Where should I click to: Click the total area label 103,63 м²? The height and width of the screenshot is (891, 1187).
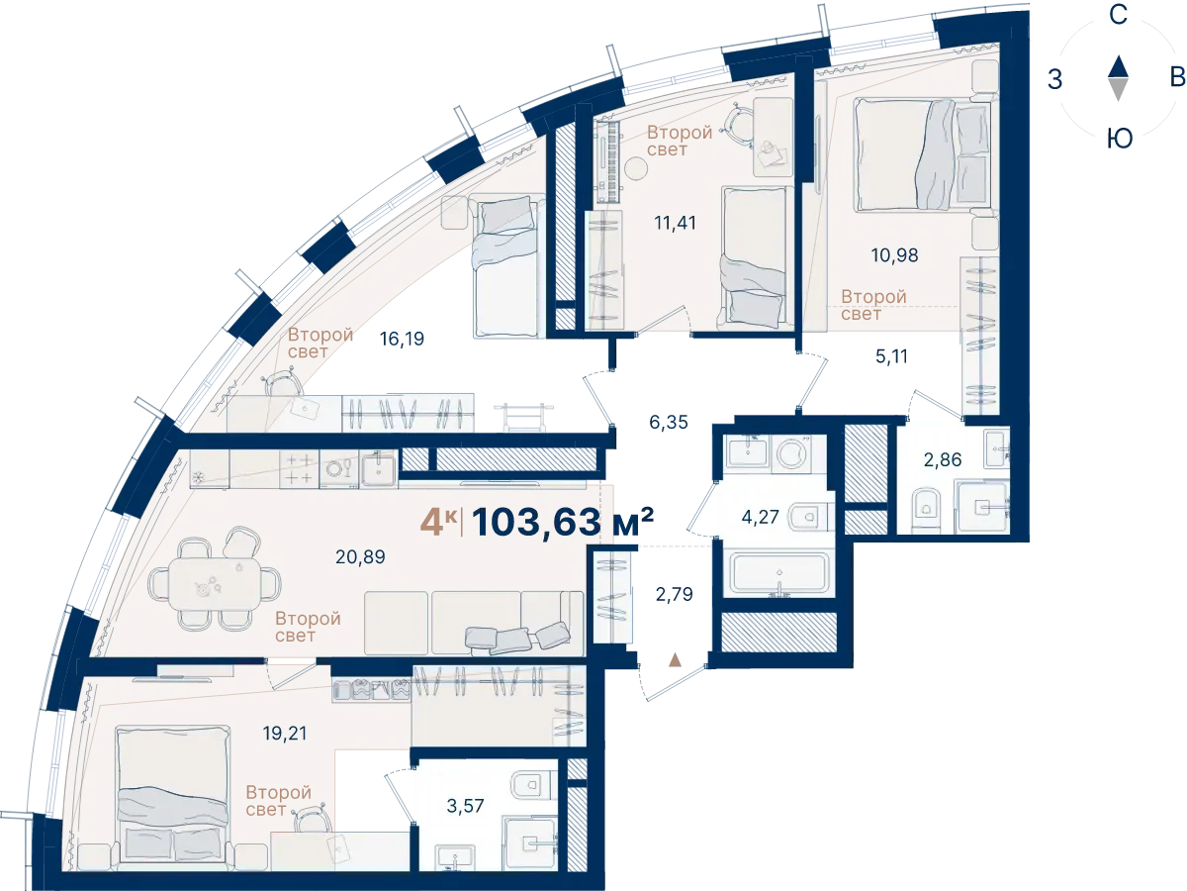tap(563, 522)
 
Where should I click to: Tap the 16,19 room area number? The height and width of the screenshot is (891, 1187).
tap(402, 340)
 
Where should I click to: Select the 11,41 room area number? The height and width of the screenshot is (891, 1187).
tap(675, 223)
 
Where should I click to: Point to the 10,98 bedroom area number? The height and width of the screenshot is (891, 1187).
tap(894, 254)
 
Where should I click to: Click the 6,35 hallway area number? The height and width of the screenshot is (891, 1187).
tap(669, 422)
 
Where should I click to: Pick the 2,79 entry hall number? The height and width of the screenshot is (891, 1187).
tap(674, 595)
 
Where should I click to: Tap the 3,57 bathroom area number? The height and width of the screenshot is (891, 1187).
tap(465, 806)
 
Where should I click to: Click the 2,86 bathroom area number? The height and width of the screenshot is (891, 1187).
tap(943, 459)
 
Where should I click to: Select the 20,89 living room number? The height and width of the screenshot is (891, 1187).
tap(360, 556)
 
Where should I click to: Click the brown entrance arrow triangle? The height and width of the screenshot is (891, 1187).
tap(675, 660)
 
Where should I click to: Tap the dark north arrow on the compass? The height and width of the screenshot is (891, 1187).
tap(1118, 66)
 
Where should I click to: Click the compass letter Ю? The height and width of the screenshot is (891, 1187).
tap(1119, 139)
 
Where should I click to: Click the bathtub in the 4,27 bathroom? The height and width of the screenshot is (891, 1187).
tap(778, 573)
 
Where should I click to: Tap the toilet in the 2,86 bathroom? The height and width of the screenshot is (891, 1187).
tap(927, 509)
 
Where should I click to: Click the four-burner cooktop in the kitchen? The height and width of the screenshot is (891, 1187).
tap(299, 468)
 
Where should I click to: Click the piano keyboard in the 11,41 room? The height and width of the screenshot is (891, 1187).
tap(609, 162)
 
